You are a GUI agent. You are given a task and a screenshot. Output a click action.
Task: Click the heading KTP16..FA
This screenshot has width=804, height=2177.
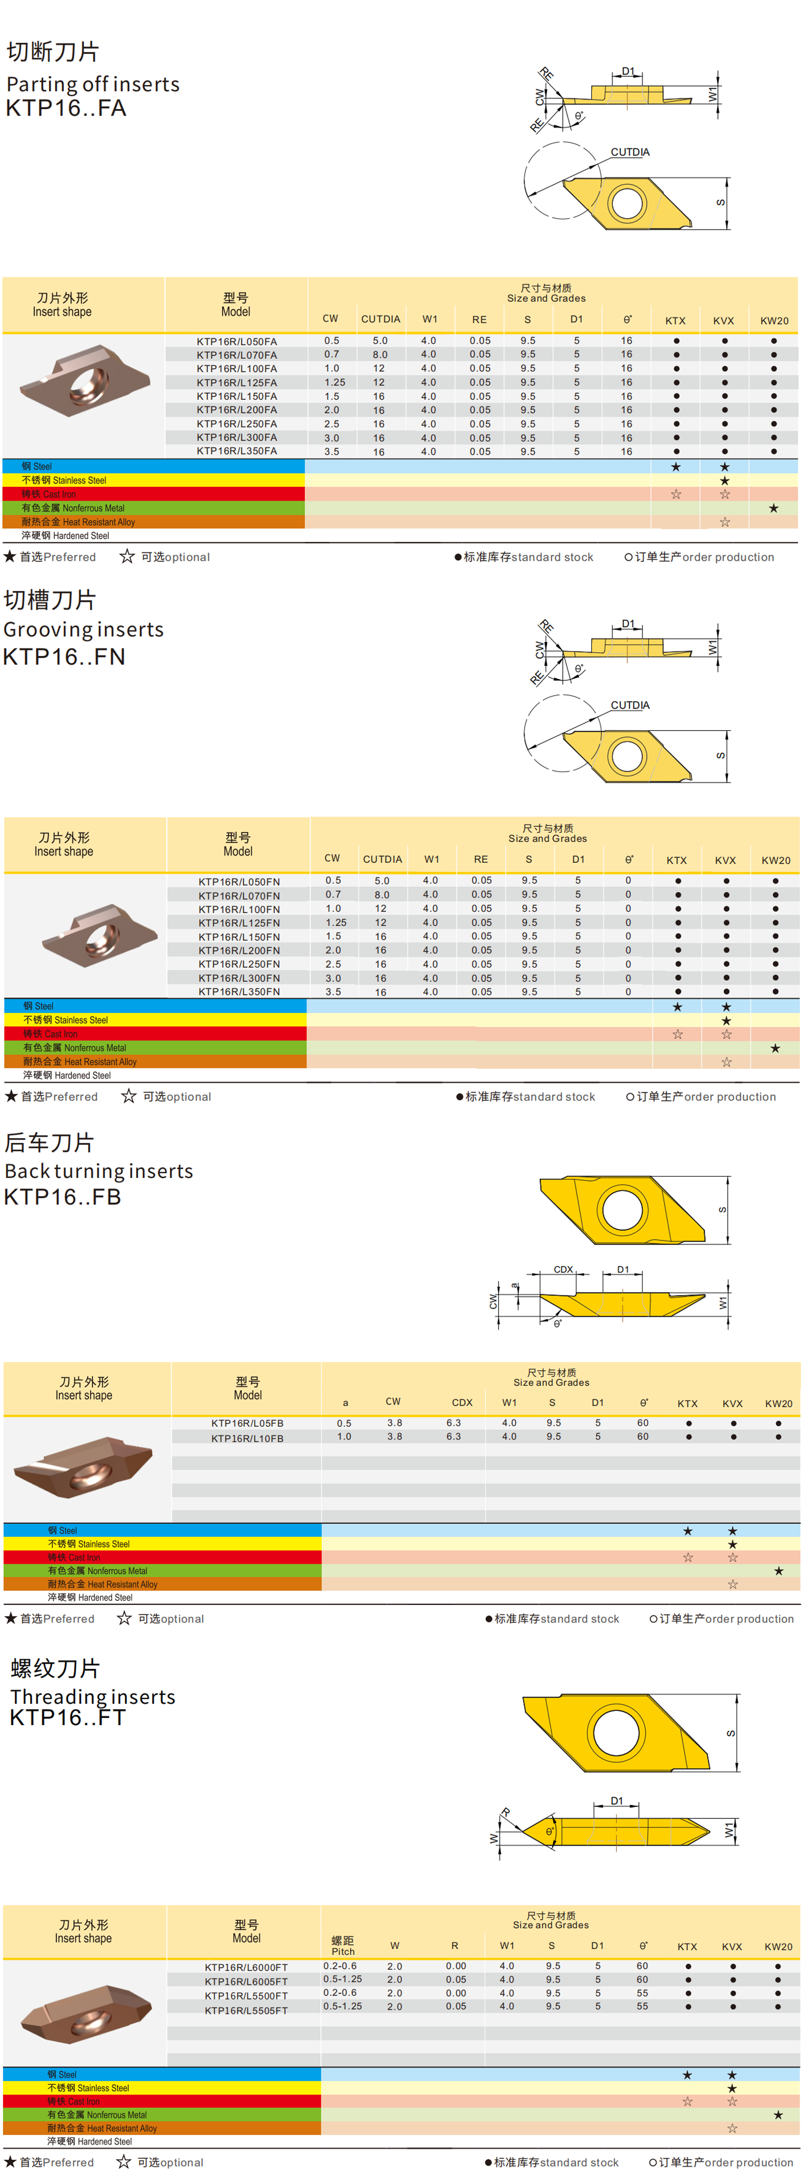tap(66, 108)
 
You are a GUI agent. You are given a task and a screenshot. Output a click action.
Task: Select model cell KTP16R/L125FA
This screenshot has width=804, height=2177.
tap(237, 383)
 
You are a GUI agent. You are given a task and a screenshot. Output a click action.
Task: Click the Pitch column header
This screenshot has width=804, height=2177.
tap(343, 1945)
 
